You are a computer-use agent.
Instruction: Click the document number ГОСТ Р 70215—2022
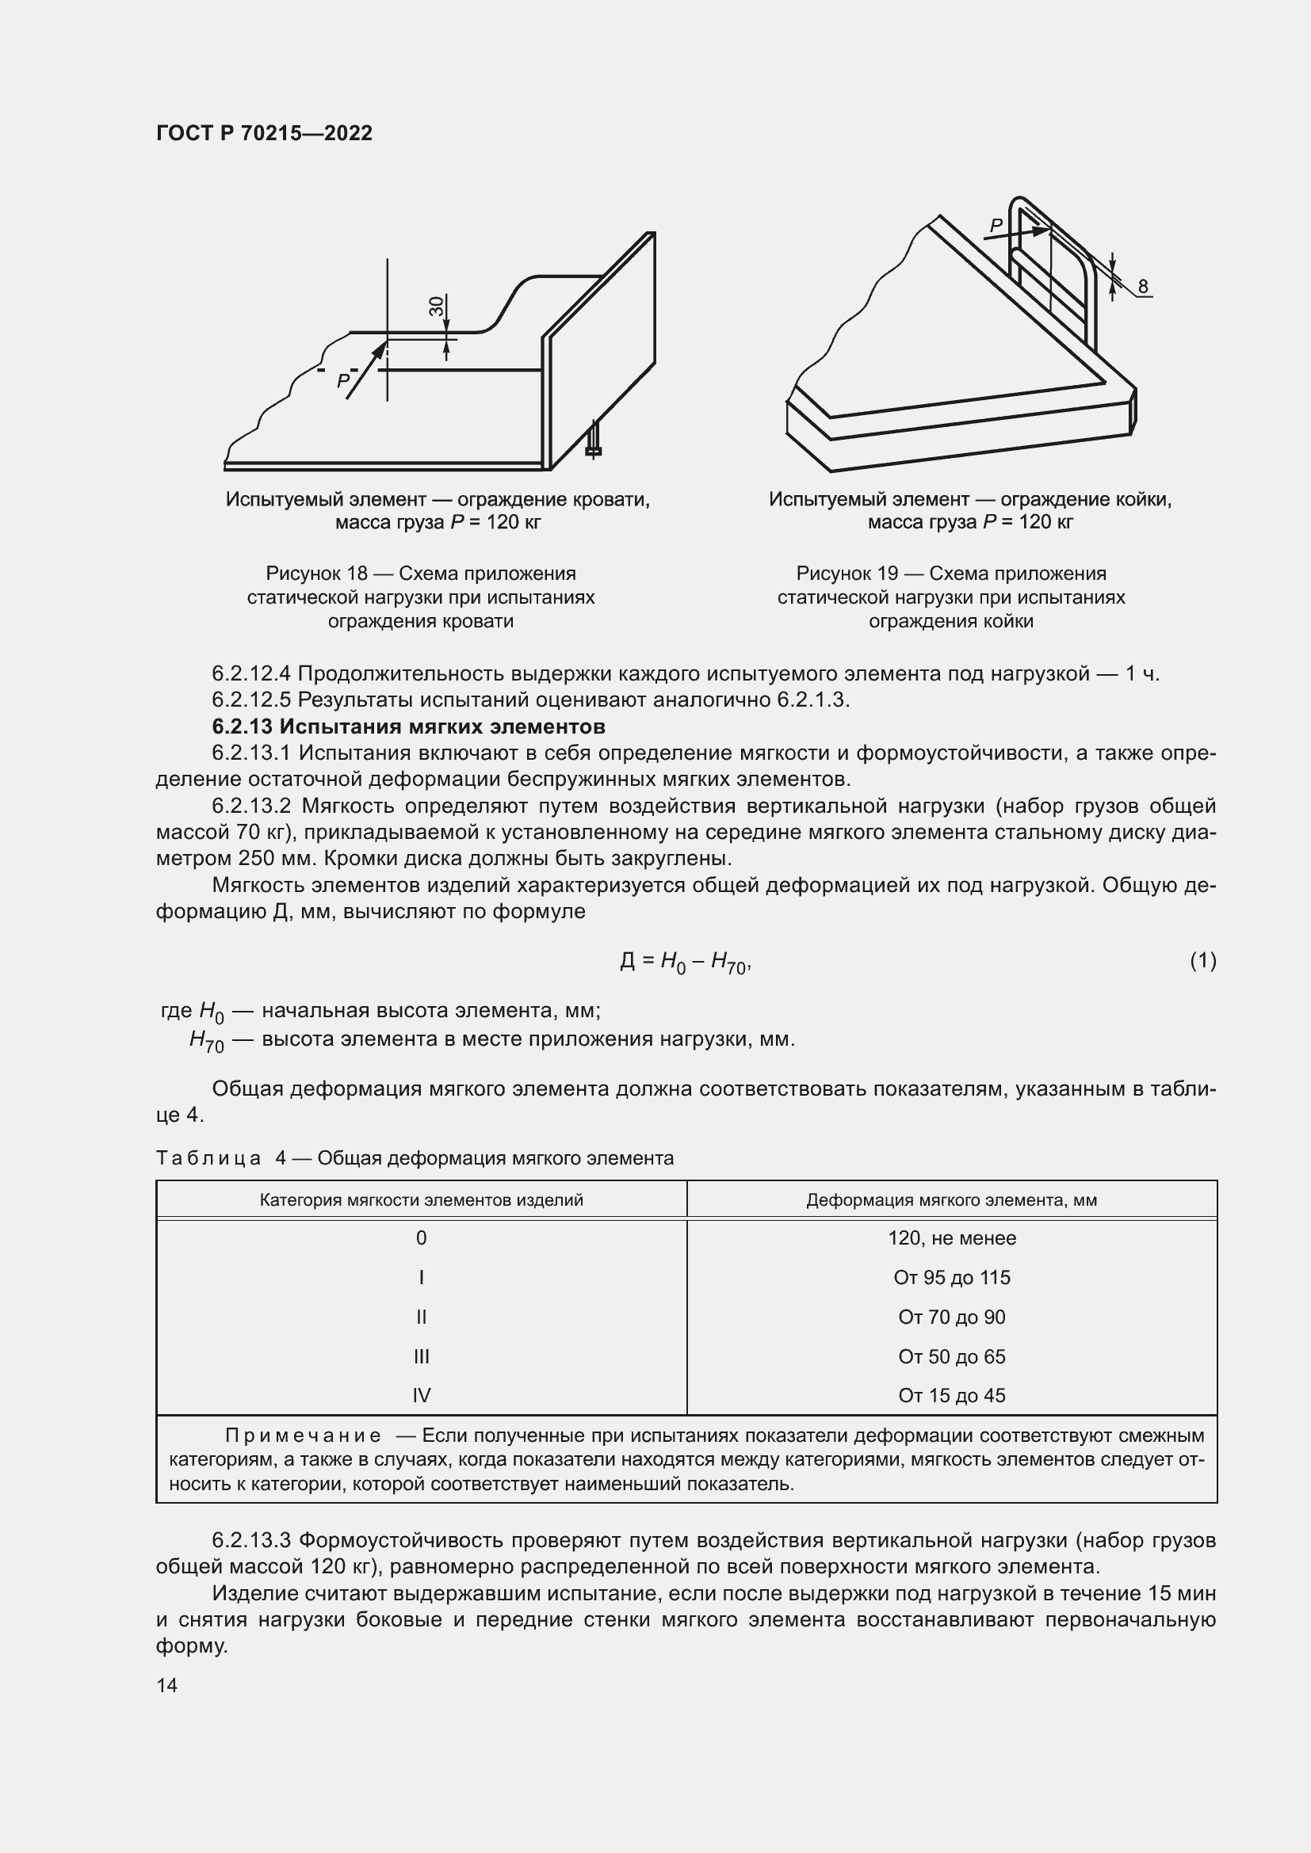click(264, 133)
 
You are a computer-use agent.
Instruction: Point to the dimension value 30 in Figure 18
click(437, 307)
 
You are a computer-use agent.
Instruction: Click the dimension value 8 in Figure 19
click(1142, 287)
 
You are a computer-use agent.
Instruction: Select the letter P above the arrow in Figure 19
click(997, 226)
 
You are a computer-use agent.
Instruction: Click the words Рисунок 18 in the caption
click(315, 574)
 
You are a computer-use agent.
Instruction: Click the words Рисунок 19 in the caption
click(847, 574)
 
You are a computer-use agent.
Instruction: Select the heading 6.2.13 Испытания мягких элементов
click(408, 726)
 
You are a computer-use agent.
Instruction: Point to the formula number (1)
click(1202, 960)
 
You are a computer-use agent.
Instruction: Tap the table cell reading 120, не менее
click(952, 1238)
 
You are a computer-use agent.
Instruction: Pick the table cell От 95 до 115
click(952, 1278)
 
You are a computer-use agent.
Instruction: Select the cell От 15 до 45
click(952, 1395)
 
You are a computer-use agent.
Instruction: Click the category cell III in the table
click(421, 1356)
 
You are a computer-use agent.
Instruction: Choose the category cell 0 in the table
click(421, 1238)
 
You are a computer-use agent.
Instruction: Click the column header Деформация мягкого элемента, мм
click(952, 1200)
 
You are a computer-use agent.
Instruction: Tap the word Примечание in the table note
click(303, 1436)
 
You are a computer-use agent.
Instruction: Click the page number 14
click(167, 1686)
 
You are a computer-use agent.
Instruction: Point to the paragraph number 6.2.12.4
click(252, 674)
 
